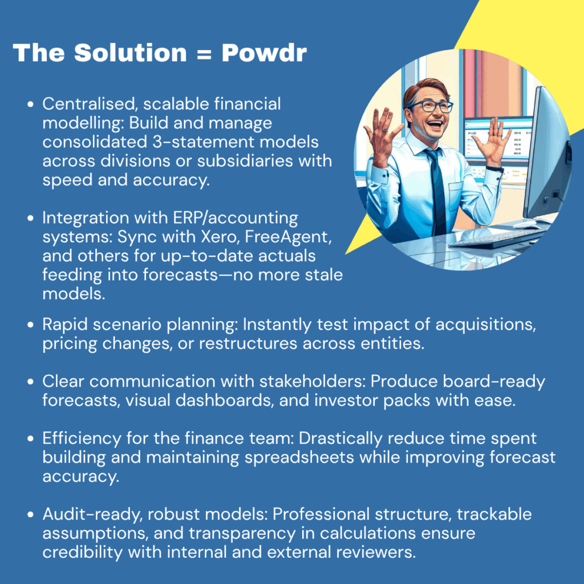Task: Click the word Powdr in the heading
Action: coord(264,52)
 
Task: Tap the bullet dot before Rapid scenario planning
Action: coord(31,325)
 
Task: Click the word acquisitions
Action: coord(486,325)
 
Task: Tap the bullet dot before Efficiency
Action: coord(31,439)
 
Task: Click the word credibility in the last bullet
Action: coord(82,553)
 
